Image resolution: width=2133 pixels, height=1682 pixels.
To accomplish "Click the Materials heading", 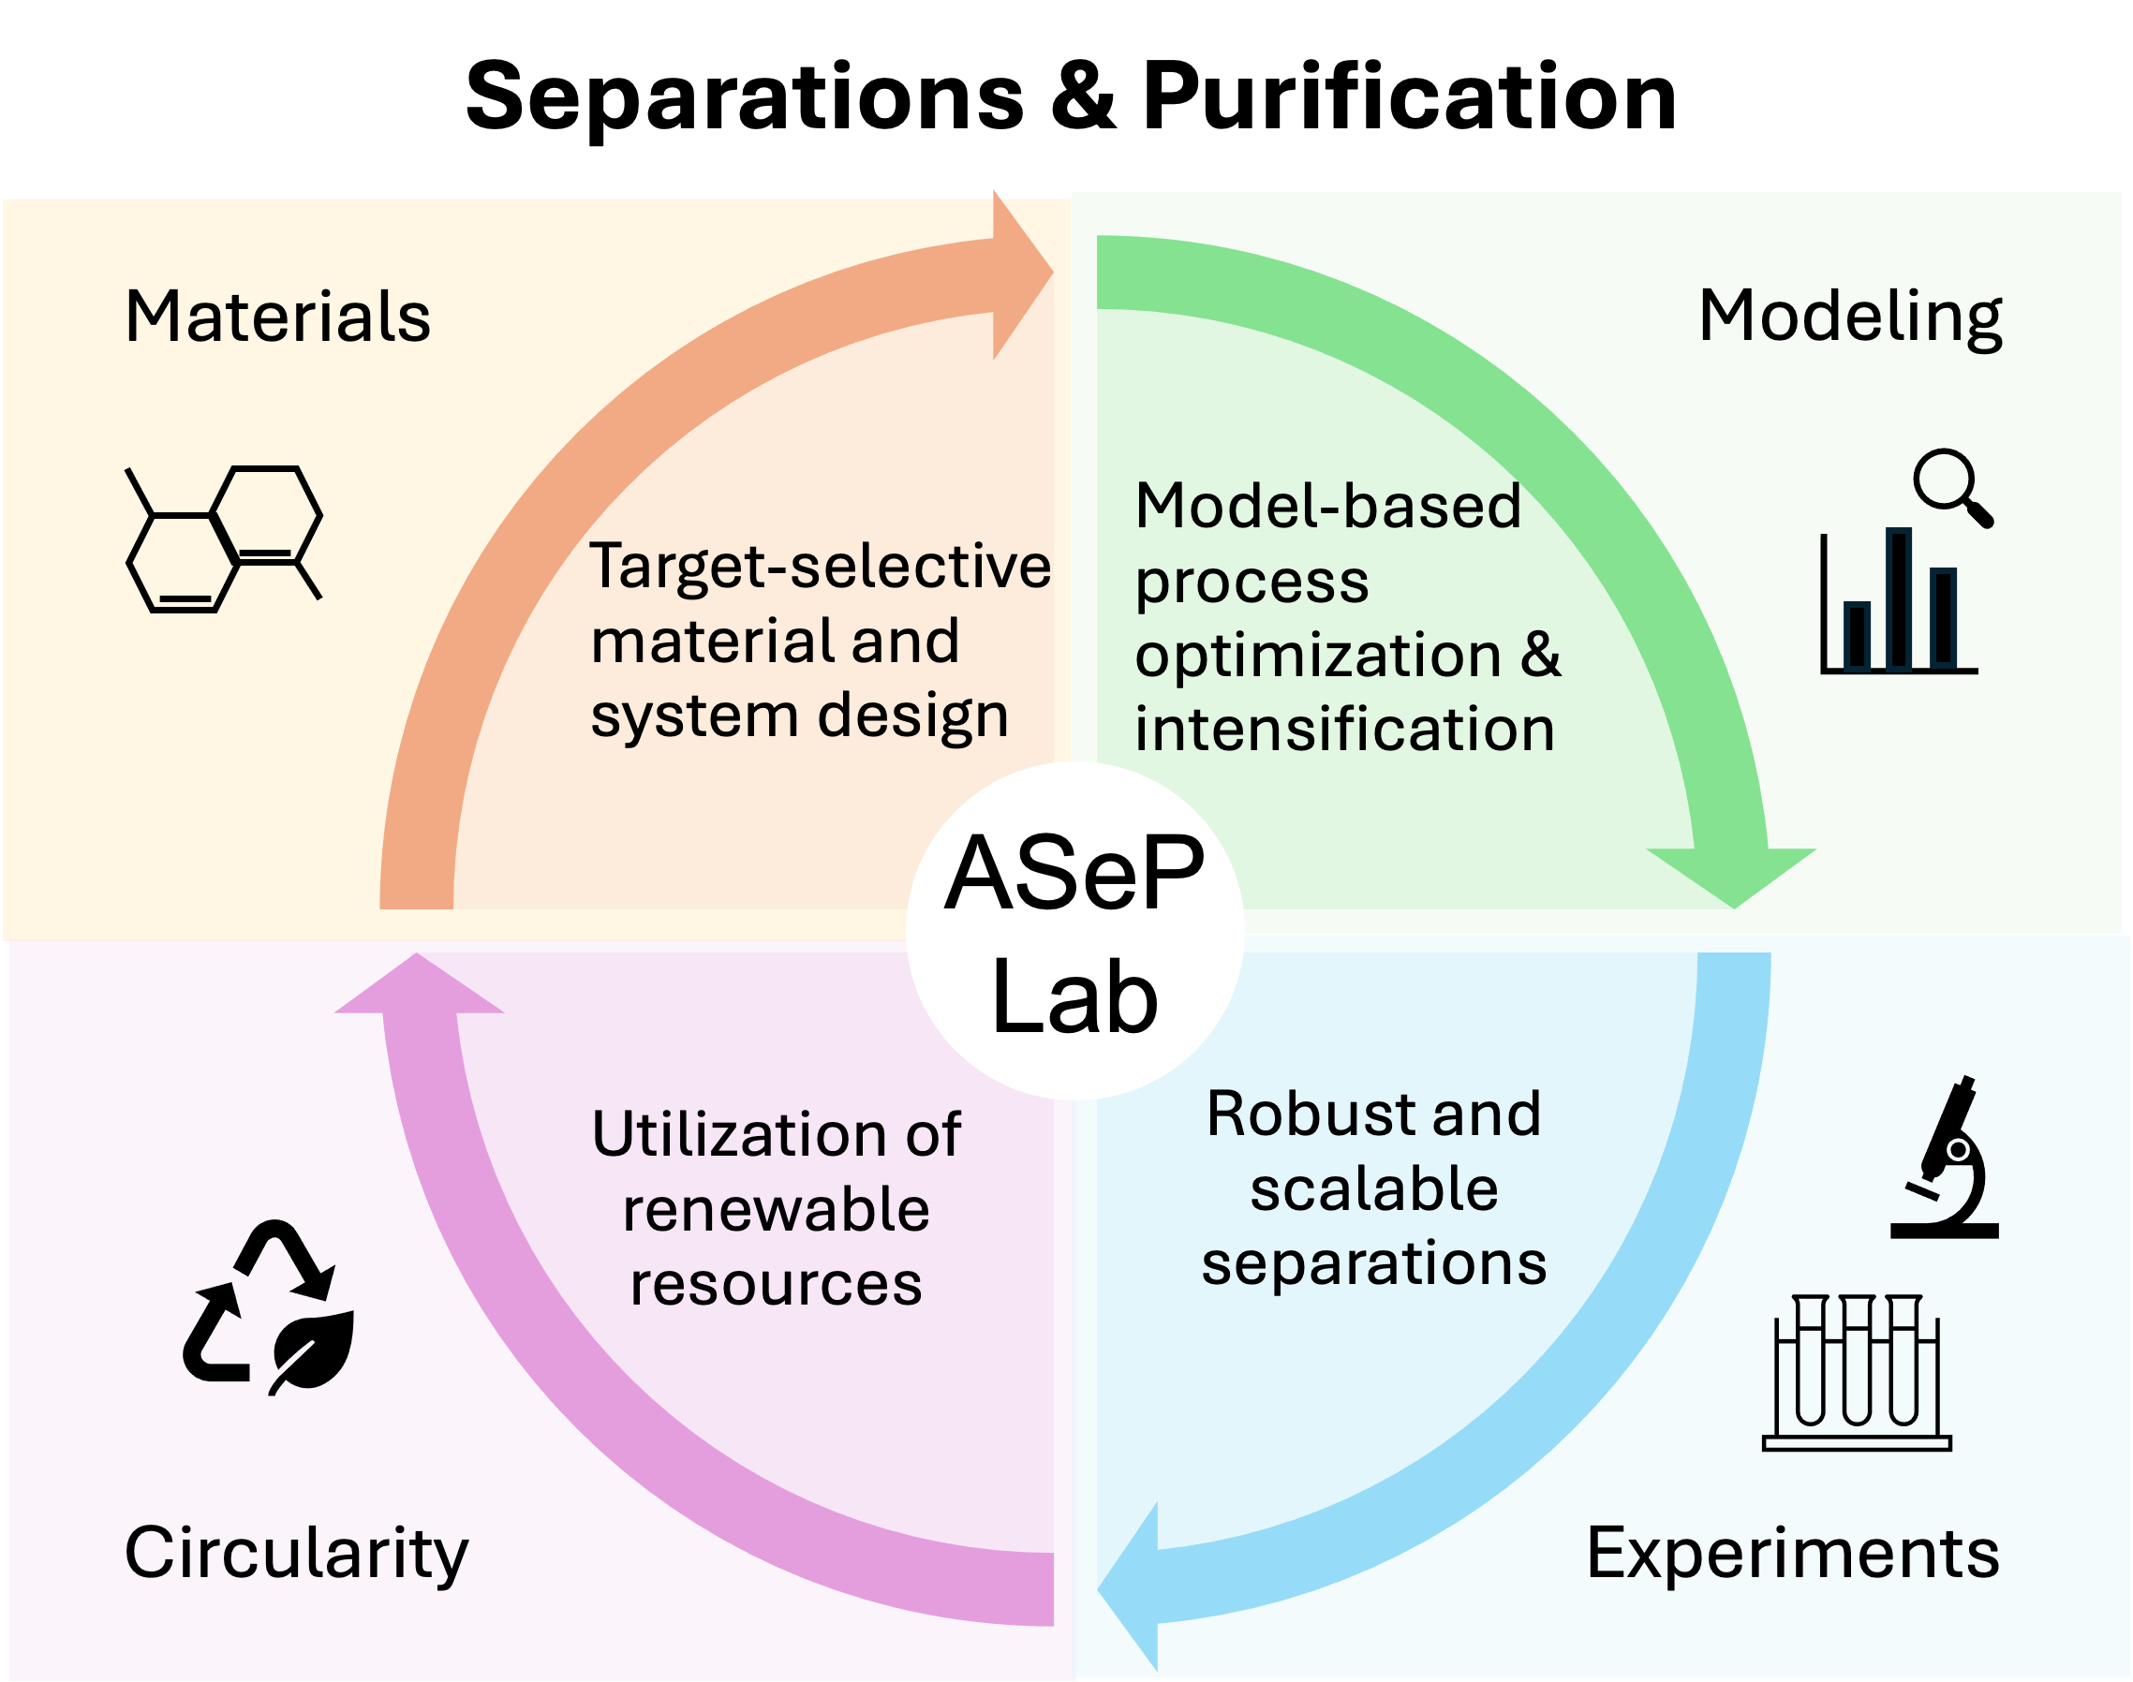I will [x=277, y=317].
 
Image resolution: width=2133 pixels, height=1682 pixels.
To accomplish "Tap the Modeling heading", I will [x=1850, y=317].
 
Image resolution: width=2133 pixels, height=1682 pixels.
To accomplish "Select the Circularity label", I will [x=295, y=1554].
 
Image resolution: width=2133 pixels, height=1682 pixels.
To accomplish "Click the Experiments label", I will [x=1792, y=1554].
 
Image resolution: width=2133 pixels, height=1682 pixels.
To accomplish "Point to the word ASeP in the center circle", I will [x=1074, y=874].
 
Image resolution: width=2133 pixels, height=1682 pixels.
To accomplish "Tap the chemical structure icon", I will [x=225, y=539].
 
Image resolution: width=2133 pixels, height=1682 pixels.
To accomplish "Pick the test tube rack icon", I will [x=1857, y=1374].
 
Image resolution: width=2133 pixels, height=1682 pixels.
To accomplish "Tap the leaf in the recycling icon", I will [x=313, y=1350].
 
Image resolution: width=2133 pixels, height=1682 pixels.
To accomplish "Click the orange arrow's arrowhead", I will [x=1020, y=274].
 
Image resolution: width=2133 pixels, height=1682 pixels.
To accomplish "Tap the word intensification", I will [x=1344, y=730].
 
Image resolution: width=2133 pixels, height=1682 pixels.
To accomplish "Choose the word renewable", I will [x=776, y=1210].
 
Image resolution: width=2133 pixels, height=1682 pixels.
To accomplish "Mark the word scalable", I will [x=1373, y=1188].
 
